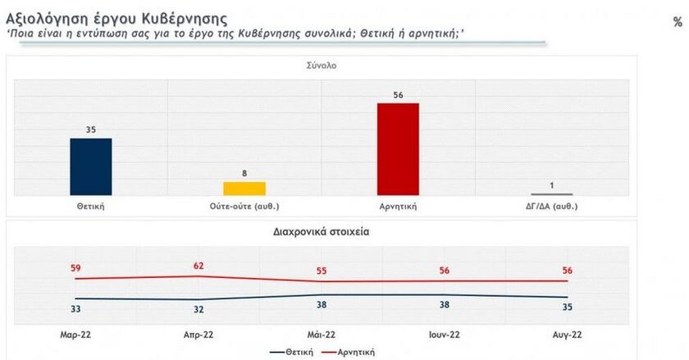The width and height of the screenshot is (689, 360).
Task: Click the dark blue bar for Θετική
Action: [91, 166]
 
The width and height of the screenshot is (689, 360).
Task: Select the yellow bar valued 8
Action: [244, 188]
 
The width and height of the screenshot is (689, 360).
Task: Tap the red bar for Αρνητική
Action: [398, 148]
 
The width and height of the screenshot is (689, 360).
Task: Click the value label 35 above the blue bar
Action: [91, 130]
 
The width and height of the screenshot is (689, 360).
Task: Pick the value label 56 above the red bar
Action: [398, 94]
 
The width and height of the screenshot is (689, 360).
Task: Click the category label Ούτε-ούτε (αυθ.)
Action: [244, 206]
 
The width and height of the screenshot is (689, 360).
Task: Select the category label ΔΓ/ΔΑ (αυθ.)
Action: [552, 206]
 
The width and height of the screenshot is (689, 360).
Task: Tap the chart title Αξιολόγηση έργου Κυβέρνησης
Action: [117, 17]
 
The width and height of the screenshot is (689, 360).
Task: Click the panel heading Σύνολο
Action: [322, 66]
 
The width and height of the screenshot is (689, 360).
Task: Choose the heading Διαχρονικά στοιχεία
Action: [321, 232]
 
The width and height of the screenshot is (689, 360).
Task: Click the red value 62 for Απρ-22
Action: [198, 265]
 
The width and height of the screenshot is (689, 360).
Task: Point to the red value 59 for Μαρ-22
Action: [75, 267]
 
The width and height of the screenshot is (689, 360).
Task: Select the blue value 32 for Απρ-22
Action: [198, 310]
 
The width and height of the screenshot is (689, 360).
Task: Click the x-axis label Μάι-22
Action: [321, 334]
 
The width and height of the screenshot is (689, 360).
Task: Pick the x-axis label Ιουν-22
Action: [444, 334]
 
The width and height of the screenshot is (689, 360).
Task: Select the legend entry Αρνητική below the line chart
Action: [355, 352]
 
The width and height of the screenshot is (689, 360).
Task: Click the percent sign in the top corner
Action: [678, 22]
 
